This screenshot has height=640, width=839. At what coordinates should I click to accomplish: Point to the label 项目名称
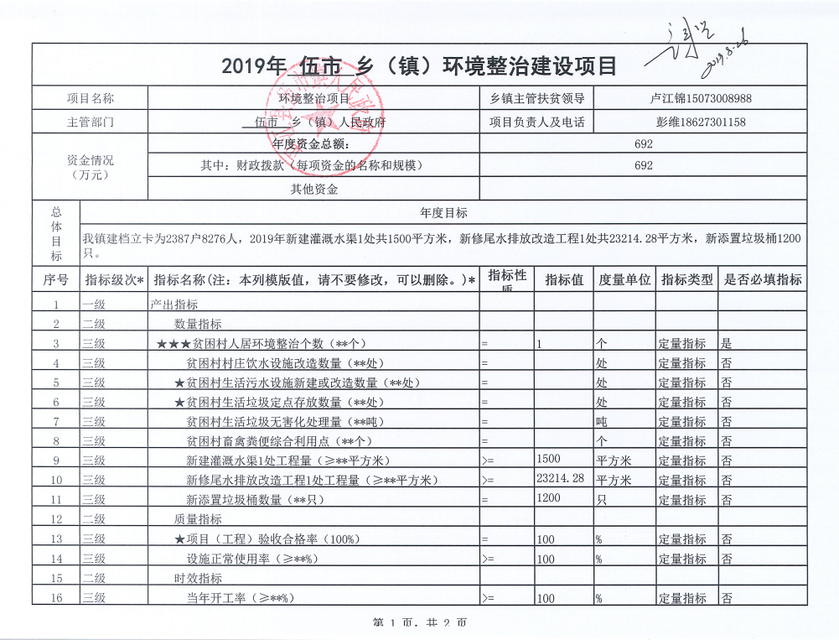click(91, 98)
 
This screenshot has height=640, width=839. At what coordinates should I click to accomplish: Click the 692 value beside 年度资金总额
click(644, 143)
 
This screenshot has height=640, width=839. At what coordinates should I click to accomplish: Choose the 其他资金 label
click(314, 189)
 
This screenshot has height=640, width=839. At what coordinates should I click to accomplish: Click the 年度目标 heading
click(443, 213)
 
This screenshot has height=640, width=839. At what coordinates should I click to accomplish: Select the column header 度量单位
click(624, 279)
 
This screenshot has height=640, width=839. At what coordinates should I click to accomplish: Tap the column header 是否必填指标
click(762, 279)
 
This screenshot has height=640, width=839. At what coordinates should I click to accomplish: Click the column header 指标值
click(564, 279)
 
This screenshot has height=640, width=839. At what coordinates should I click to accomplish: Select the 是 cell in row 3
click(727, 343)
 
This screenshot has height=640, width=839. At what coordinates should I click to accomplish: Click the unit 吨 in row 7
click(600, 421)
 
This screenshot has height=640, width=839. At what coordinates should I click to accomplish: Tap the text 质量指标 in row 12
click(198, 519)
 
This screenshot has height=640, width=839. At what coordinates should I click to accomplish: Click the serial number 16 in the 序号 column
click(56, 597)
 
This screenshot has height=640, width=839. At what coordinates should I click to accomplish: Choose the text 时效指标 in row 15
click(198, 578)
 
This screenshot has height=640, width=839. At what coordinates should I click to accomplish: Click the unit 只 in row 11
click(600, 500)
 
